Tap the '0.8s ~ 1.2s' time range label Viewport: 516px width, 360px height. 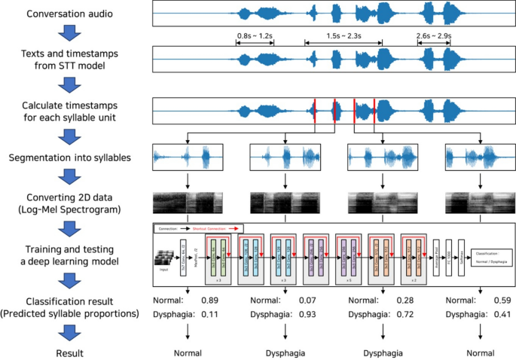255,35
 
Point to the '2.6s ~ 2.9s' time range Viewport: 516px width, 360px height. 435,35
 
